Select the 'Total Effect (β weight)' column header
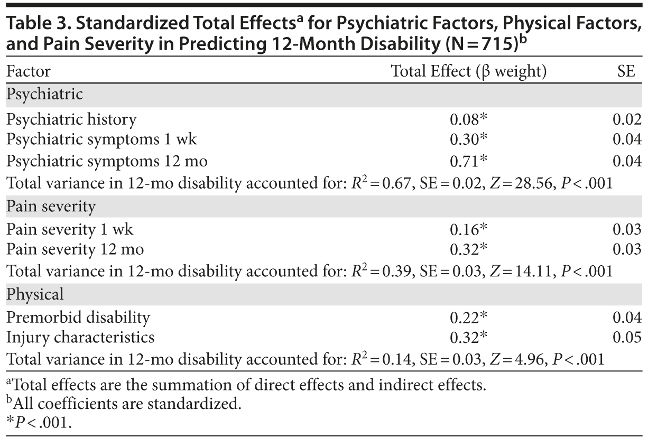(468, 71)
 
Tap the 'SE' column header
(626, 71)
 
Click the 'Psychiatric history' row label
(71, 119)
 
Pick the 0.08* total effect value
(468, 119)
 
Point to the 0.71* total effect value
(468, 161)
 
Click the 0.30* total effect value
(468, 140)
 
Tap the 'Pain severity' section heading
(51, 206)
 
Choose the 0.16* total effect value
(468, 229)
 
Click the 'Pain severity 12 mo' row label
(75, 249)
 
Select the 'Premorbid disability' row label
(78, 317)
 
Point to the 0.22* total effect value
(468, 317)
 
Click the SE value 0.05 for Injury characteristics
(627, 337)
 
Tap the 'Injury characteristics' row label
(80, 337)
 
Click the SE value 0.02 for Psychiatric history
(627, 119)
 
